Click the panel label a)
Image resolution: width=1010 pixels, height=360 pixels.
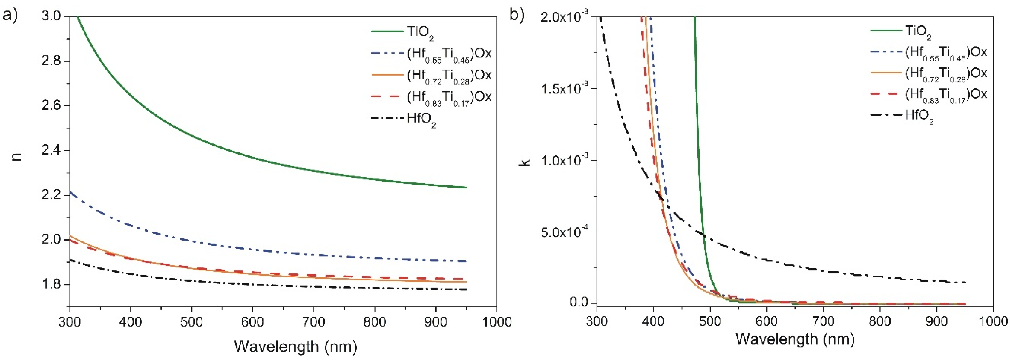coord(11,16)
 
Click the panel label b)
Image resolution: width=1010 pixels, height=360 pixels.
coord(517,16)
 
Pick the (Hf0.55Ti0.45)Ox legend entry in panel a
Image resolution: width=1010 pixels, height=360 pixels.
coord(449,54)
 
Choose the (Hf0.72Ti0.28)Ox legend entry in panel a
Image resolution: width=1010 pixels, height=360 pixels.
coord(449,76)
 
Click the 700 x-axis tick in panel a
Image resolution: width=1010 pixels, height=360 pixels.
coord(314,322)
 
